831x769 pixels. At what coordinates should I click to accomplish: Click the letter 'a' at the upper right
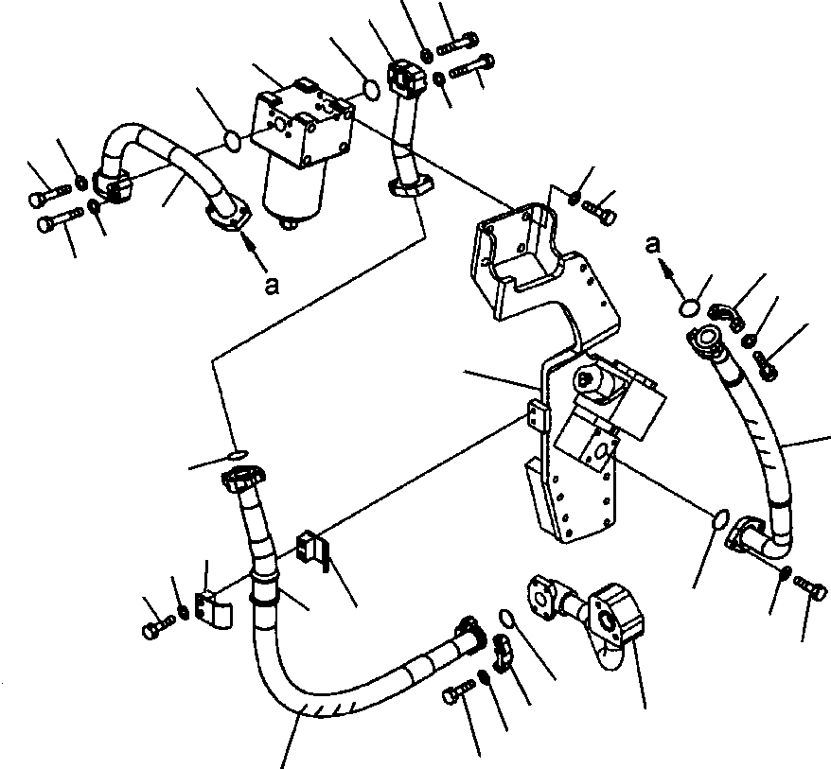[x=650, y=244]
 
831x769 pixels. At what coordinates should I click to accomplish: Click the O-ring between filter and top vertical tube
[x=372, y=89]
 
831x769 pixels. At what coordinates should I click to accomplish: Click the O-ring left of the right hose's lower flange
[x=720, y=518]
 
